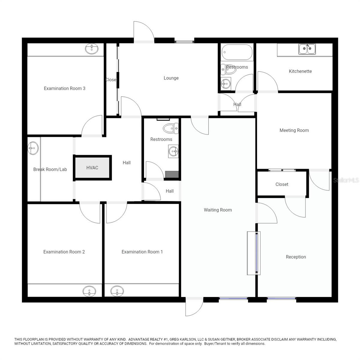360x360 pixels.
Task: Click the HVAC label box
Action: click(x=92, y=168)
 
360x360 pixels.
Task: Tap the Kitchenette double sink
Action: click(x=307, y=49)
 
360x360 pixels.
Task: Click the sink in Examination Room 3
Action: click(x=92, y=49)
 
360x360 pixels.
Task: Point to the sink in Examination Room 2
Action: click(x=89, y=291)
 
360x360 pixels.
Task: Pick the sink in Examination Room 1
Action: click(x=117, y=291)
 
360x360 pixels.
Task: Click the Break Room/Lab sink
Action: click(x=33, y=148)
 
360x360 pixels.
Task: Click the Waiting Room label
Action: click(x=218, y=210)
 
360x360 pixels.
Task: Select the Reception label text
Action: click(x=296, y=257)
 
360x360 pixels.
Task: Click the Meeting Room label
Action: click(x=294, y=130)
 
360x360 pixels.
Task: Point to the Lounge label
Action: click(x=171, y=78)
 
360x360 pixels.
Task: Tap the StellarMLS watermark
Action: click(x=346, y=180)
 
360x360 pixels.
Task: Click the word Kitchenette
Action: click(x=300, y=71)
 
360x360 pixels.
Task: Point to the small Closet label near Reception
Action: click(x=282, y=184)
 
